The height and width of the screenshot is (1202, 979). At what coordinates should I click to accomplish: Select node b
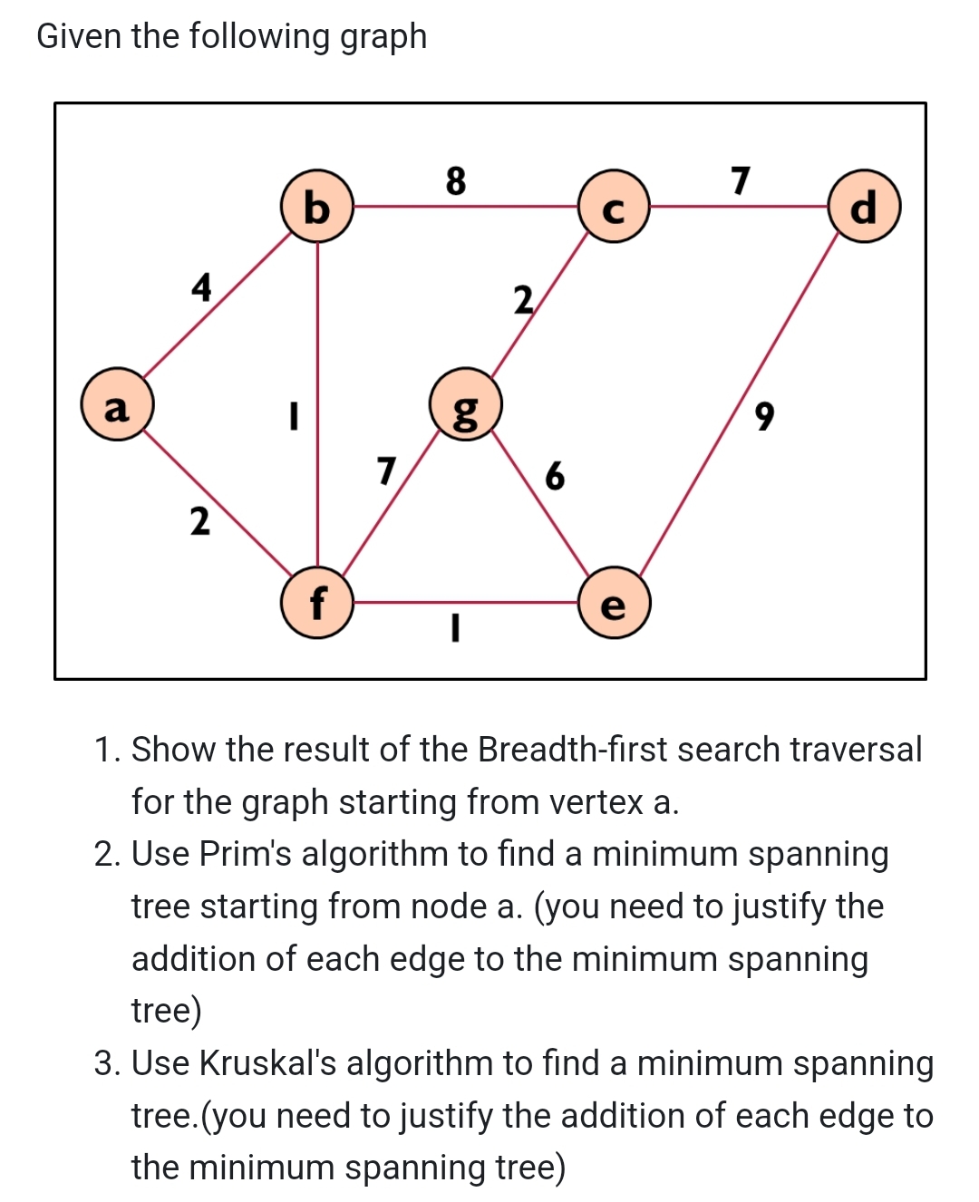coord(316,207)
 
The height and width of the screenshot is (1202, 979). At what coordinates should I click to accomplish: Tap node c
coord(614,207)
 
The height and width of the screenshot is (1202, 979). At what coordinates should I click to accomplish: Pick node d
coord(865,207)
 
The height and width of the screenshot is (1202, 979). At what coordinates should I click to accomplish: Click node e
coord(614,603)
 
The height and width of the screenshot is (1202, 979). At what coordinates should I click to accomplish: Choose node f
coord(316,603)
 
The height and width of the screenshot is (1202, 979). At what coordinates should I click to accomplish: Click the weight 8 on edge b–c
coord(456,180)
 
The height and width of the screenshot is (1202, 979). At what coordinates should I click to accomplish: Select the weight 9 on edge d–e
coord(765,416)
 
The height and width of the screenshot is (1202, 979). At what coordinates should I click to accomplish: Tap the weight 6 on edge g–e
coord(555,475)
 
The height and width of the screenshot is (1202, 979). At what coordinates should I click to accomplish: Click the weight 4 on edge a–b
coord(201,287)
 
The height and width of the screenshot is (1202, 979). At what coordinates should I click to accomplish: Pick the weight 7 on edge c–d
coord(741,180)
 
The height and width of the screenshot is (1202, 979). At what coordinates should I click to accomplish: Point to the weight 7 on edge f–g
coord(387,470)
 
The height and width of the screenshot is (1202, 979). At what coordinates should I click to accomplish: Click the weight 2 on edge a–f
coord(199,521)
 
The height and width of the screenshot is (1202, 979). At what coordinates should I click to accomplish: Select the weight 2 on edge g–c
coord(523,300)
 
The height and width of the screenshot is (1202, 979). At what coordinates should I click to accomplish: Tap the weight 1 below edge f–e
coord(456,627)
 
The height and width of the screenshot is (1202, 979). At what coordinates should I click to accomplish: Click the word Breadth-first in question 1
coord(573,750)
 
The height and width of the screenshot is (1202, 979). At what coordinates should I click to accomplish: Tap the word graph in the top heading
coord(383,37)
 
